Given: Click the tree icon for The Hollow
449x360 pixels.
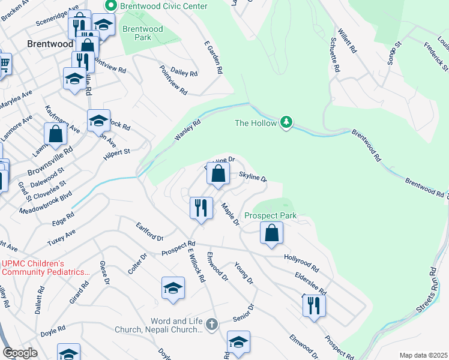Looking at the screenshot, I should coord(288,123).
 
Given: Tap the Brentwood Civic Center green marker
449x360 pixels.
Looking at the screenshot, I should coord(110,7).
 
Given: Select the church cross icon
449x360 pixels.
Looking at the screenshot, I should coord(211,325).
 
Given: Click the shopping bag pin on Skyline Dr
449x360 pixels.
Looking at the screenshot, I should coord(219,174).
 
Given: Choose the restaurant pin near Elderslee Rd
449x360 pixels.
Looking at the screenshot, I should coord(313,306).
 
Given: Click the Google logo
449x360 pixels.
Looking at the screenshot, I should coord(20,353).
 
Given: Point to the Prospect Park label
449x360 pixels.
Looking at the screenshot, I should coord(271,215).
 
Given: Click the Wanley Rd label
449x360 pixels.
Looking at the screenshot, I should coord(187,130).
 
